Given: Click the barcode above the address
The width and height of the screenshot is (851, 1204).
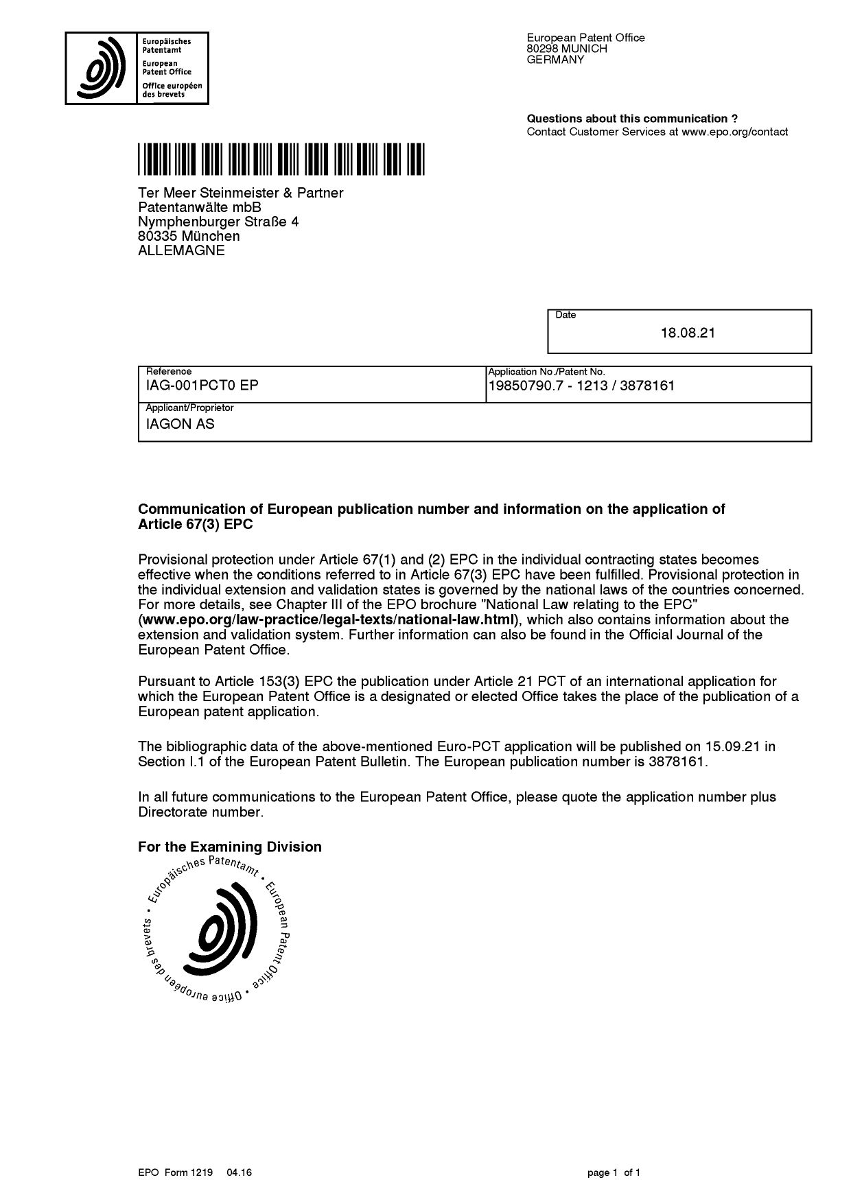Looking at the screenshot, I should [281, 159].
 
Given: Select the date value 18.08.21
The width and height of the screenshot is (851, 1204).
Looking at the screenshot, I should [688, 333].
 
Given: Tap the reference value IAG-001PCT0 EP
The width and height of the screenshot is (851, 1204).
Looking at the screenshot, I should [202, 386].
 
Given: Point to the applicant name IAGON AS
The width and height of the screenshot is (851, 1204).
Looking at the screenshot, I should [180, 424].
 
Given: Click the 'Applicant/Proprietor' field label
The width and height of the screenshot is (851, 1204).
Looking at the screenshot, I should [190, 408].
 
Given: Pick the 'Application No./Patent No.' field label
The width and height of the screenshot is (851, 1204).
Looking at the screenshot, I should [546, 372].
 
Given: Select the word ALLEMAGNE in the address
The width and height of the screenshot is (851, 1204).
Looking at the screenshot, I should [181, 250].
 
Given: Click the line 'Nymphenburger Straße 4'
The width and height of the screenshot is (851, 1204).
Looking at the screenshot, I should [218, 222].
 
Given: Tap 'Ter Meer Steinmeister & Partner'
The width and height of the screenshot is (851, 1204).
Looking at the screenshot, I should [240, 193].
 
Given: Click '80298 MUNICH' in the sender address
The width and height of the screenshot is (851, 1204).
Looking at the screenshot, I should [567, 49].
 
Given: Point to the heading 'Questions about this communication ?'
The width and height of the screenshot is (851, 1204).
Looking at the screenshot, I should [632, 119].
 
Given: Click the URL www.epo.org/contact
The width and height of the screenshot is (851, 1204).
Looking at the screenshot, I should [734, 132].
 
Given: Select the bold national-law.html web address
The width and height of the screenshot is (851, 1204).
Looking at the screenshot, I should [328, 620].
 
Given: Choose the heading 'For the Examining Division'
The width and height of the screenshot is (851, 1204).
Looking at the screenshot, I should [230, 847].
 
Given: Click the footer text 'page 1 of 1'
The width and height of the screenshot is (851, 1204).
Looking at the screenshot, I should [614, 1172].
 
